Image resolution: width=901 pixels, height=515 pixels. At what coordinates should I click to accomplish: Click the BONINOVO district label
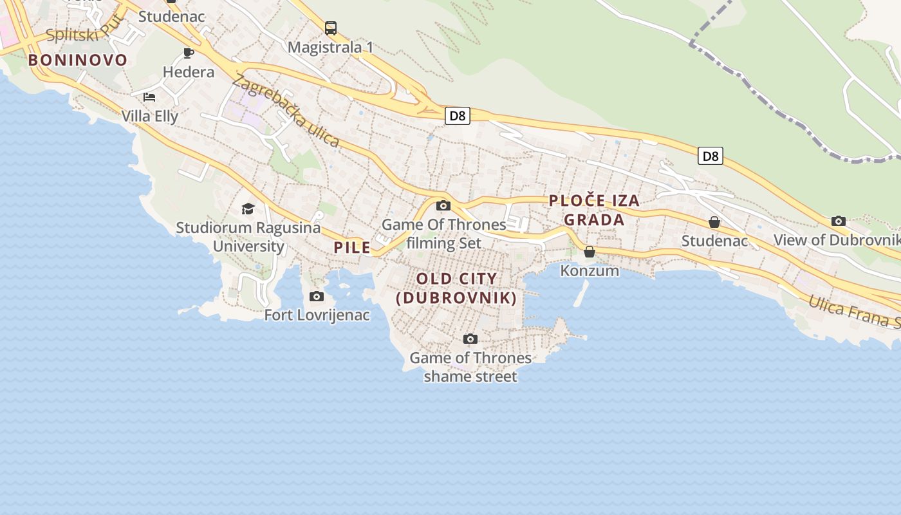[78, 60]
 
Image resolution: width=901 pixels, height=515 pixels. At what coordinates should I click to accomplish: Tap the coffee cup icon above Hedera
[189, 53]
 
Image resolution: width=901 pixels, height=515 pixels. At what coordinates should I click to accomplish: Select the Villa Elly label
[150, 116]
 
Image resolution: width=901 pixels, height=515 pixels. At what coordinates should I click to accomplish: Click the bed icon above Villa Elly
[149, 97]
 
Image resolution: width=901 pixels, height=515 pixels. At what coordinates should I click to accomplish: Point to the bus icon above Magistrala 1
[331, 28]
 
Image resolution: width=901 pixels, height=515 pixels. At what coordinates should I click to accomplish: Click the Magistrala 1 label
[330, 47]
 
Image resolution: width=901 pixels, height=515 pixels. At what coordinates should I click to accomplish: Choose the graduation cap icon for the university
[248, 209]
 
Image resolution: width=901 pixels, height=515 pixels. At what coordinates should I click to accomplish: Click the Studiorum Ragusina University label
[248, 236]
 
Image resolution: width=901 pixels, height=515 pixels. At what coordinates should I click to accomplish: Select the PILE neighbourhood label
[352, 247]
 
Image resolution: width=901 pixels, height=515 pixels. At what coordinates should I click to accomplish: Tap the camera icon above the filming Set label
[443, 206]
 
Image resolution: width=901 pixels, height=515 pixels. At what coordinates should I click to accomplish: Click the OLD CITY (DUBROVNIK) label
[456, 288]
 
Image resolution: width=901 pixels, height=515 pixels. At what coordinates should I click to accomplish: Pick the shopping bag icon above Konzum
[590, 252]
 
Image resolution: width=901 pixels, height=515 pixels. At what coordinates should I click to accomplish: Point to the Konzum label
[590, 270]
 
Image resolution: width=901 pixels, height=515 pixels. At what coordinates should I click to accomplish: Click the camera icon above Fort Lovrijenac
[317, 297]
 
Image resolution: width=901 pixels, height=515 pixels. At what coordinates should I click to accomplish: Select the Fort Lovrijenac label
[317, 315]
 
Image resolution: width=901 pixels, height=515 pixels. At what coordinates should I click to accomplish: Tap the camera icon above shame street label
[470, 339]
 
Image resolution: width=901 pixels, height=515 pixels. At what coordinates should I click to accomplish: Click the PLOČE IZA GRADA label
[595, 210]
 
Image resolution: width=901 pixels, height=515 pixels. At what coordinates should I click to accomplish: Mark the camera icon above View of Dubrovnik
[839, 221]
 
